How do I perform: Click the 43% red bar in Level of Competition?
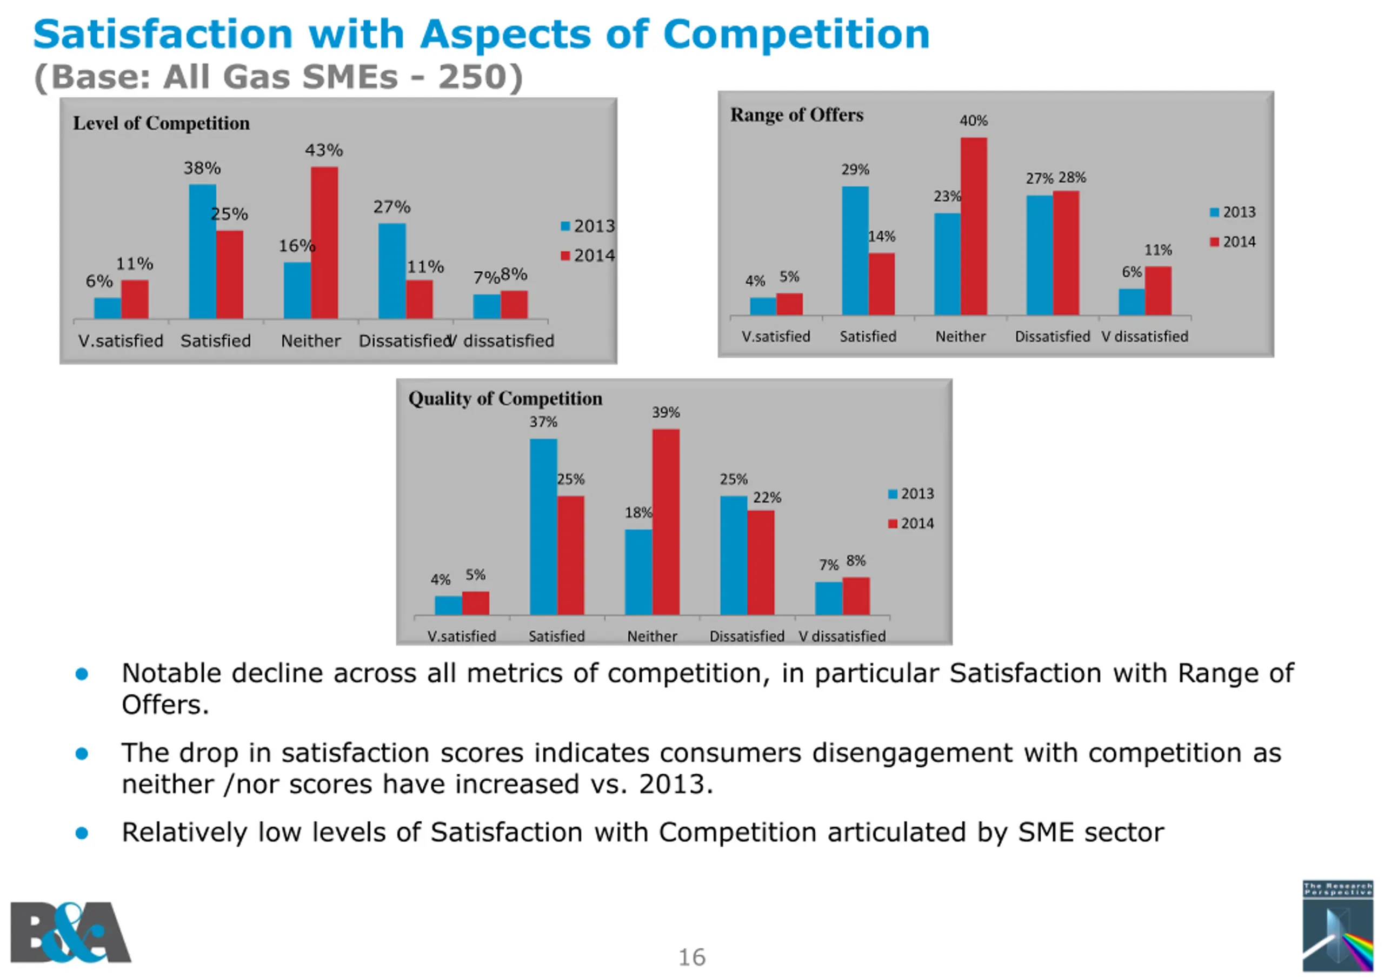coord(324,242)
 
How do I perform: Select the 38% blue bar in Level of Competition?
coord(202,251)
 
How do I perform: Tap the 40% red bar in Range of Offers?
coord(974,226)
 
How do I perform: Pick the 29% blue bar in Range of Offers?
coord(855,250)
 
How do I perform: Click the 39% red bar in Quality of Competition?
coord(666,521)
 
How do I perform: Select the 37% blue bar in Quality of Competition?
coord(543,526)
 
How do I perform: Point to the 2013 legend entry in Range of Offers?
coord(1233,212)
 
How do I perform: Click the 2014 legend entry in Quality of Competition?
coord(911,523)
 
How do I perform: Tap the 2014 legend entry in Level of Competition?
coord(588,256)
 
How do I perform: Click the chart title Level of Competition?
coord(161,124)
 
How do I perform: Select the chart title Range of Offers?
coord(796,115)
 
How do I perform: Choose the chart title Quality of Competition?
coord(505,398)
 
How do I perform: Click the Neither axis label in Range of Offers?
coord(960,336)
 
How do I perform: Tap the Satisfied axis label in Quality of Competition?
coord(556,636)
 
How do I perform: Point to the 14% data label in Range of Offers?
coord(881,236)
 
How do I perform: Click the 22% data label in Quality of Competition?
coord(767,497)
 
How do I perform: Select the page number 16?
coord(691,957)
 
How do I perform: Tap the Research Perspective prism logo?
coord(1338,927)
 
